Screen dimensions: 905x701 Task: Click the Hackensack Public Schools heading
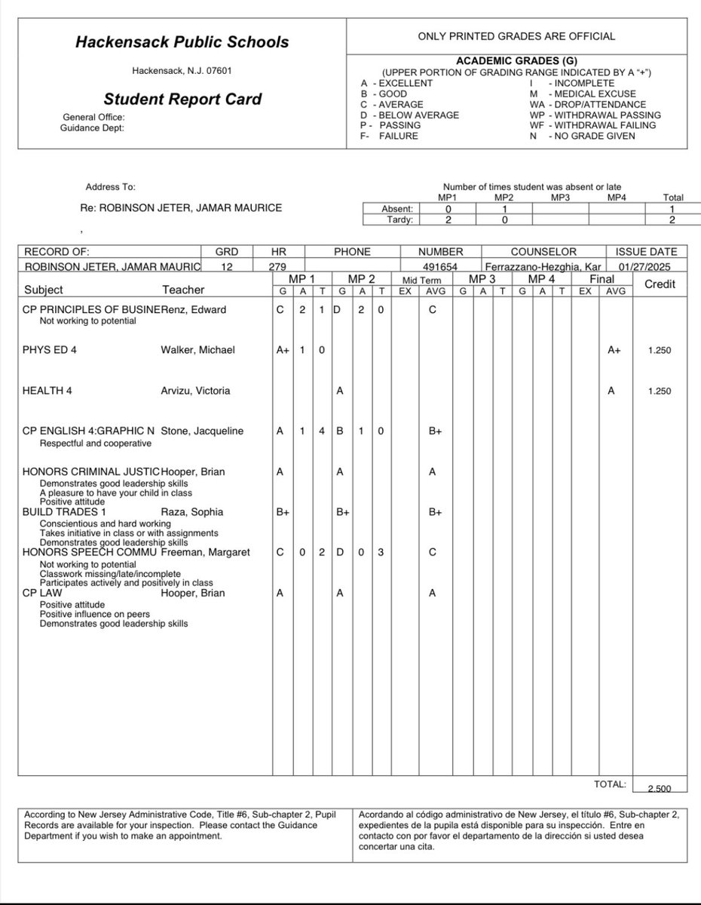click(182, 43)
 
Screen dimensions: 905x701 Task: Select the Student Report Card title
click(182, 99)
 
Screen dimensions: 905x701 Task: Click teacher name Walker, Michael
click(198, 350)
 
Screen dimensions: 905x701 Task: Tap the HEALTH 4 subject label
click(47, 391)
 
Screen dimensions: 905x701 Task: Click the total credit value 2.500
click(660, 789)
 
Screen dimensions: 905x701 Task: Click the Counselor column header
click(543, 252)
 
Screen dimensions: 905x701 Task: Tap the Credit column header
click(660, 284)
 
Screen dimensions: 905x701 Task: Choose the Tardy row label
click(400, 220)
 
